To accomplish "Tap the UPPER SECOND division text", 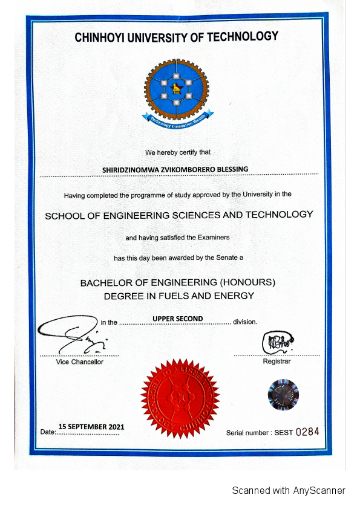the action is [177, 319].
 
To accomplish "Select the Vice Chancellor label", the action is [79, 361].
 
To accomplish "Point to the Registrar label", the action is [277, 361].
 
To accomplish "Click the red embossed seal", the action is [179, 398].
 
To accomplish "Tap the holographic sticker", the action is [283, 394].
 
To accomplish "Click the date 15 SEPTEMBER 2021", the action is [91, 427].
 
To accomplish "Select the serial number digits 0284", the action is [307, 432].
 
